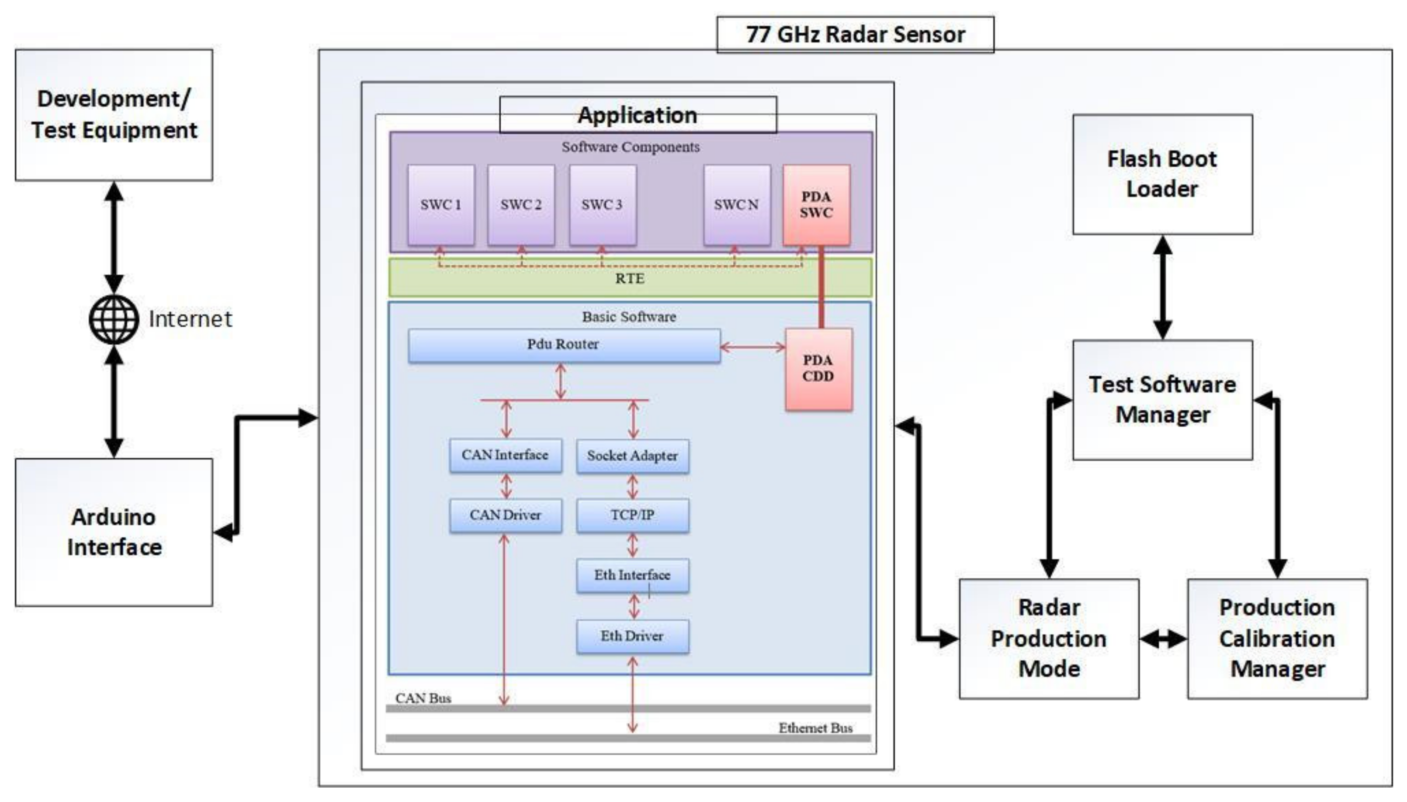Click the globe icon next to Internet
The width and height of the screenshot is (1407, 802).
tap(114, 319)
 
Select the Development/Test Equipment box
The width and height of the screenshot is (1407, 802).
tap(114, 114)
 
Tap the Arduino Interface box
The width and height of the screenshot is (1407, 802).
tap(114, 532)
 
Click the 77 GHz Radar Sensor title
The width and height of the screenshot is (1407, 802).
tap(855, 35)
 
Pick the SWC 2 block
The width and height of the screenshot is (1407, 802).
tap(520, 205)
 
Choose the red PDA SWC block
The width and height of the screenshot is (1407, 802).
tap(816, 205)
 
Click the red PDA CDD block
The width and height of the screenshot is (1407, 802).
tap(818, 369)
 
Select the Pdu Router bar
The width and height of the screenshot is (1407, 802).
tap(564, 345)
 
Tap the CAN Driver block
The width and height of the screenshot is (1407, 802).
tap(505, 515)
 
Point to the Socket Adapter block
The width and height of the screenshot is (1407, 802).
tap(632, 456)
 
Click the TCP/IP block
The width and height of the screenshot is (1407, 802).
tap(632, 515)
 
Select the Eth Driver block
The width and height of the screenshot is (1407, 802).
tap(632, 636)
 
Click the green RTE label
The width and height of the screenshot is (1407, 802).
tap(630, 279)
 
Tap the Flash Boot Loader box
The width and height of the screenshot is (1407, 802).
tap(1162, 174)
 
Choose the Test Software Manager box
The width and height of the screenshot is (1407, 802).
tap(1162, 399)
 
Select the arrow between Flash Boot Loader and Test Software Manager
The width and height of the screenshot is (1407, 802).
tap(1162, 287)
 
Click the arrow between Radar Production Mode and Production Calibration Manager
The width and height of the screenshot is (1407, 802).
tap(1162, 639)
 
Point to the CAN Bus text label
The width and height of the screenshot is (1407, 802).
tap(423, 698)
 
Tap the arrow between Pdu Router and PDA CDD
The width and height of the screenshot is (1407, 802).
tap(752, 347)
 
